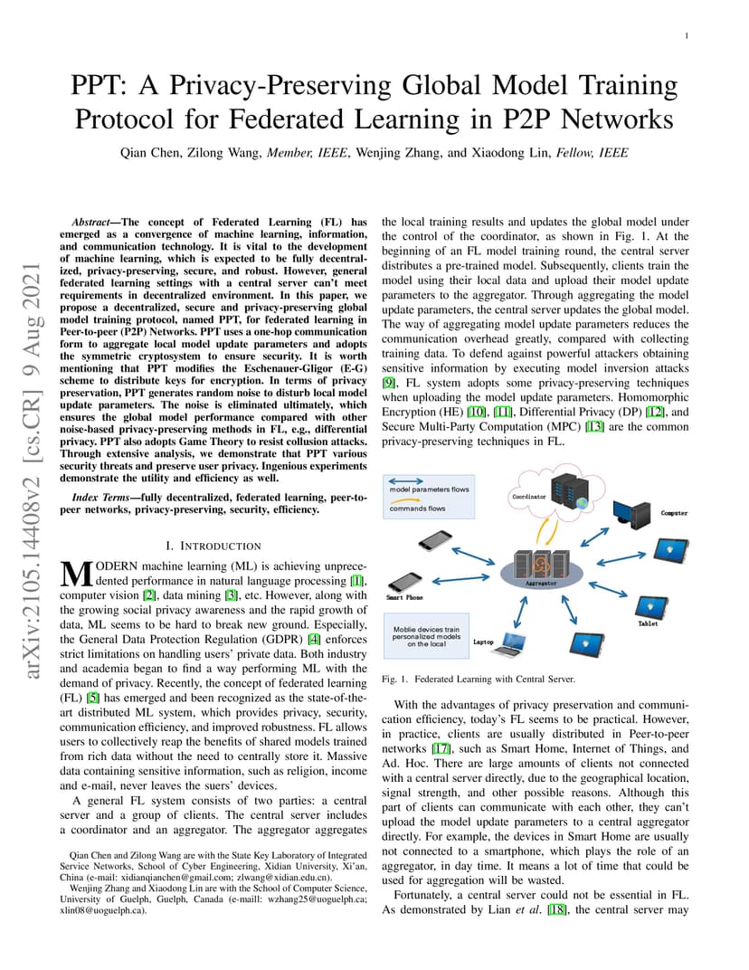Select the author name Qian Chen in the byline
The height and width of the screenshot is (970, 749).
click(x=147, y=153)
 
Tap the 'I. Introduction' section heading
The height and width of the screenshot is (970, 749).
click(x=213, y=546)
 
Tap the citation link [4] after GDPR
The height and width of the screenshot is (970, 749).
click(x=314, y=639)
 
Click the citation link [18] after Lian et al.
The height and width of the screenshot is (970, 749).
click(x=556, y=909)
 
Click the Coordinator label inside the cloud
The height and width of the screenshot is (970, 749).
click(x=529, y=496)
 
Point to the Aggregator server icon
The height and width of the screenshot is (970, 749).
click(x=541, y=566)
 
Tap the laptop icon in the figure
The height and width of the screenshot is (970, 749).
click(x=513, y=644)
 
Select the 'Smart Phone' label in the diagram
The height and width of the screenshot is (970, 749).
click(x=404, y=597)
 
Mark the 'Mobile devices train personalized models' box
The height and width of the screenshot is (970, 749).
click(x=426, y=637)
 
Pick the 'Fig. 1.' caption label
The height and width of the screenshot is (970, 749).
click(x=394, y=680)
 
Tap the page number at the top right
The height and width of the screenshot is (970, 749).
click(x=687, y=36)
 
